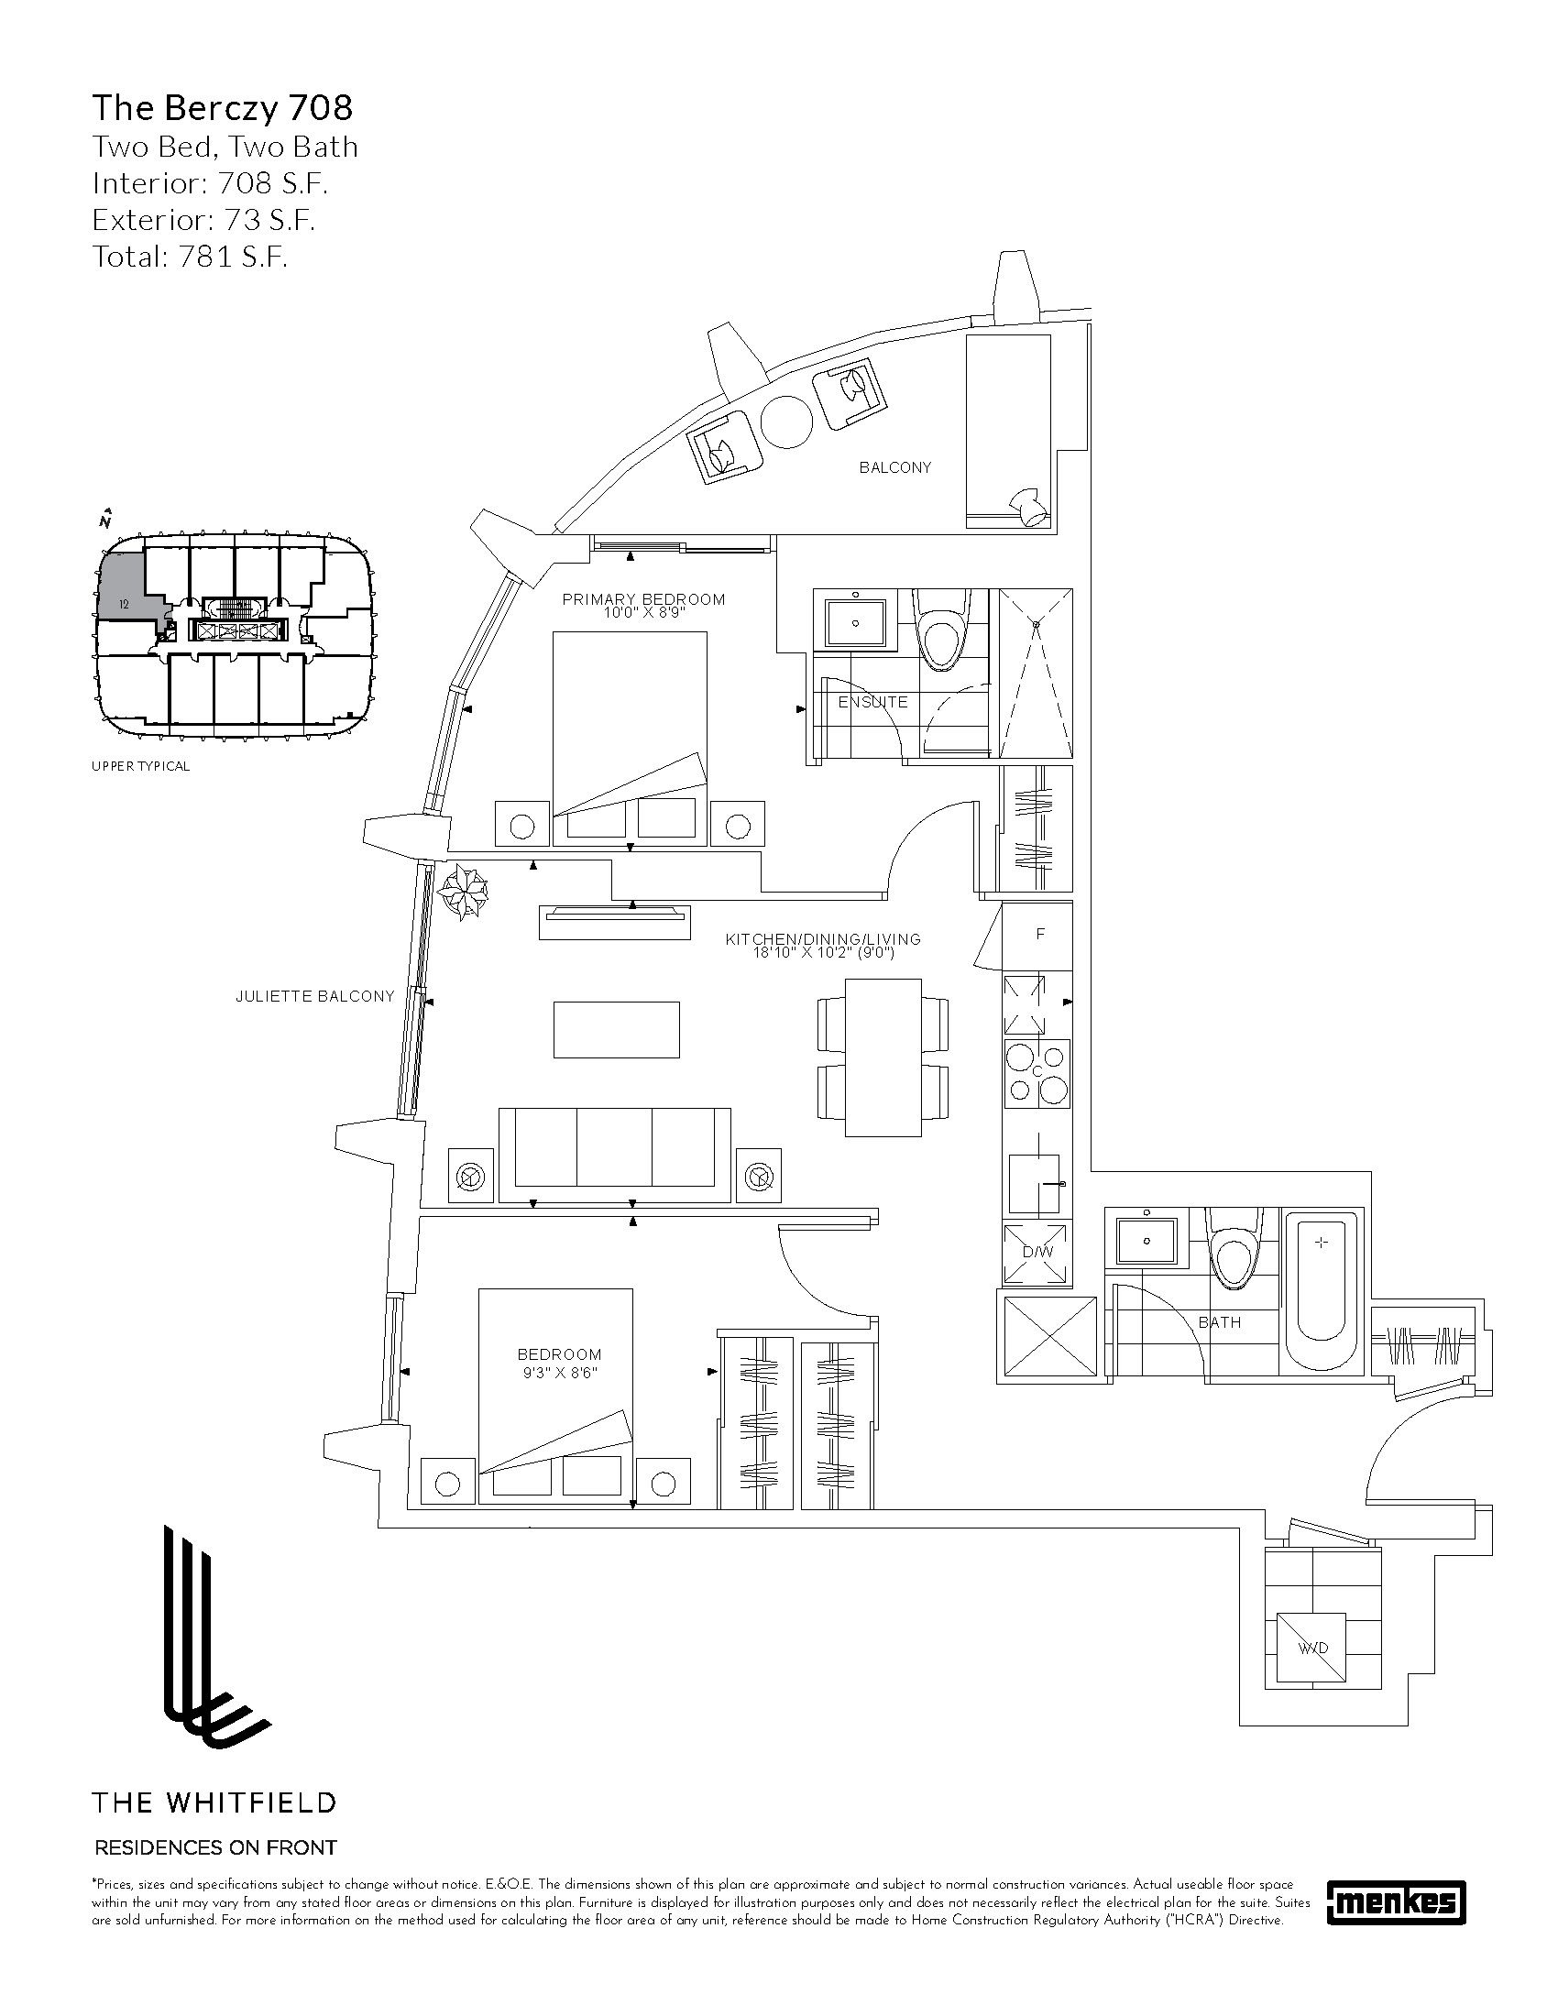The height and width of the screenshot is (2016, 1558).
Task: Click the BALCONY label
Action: pyautogui.click(x=894, y=467)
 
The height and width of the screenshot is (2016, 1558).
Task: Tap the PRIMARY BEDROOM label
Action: pyautogui.click(x=643, y=599)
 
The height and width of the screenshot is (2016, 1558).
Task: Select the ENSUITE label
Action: pyautogui.click(x=872, y=703)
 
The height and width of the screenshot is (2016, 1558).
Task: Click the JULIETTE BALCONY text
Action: pyautogui.click(x=313, y=997)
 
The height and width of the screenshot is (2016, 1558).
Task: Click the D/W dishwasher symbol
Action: pyautogui.click(x=1037, y=1253)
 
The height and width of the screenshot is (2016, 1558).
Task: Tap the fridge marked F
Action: pyautogui.click(x=1040, y=935)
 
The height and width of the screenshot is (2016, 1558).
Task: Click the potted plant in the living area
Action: pyautogui.click(x=464, y=891)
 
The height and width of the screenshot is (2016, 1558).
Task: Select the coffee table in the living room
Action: pyautogui.click(x=616, y=1029)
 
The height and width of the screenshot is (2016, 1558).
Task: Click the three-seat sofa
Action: pyautogui.click(x=614, y=1155)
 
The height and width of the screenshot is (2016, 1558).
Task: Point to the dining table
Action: pyautogui.click(x=883, y=1058)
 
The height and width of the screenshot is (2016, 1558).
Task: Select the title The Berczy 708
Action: pyautogui.click(x=222, y=109)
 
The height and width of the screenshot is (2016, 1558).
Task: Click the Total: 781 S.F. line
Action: pyautogui.click(x=190, y=257)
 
